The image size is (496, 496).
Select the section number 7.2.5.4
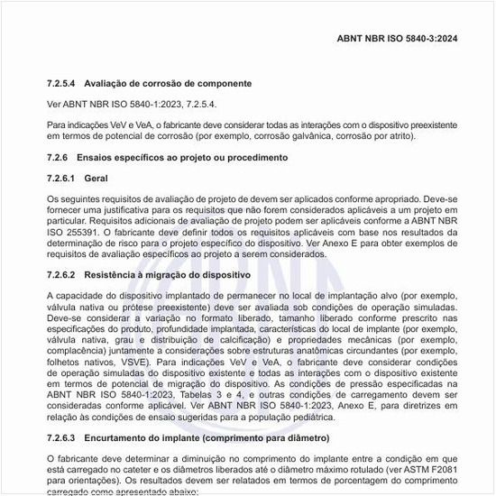click(x=63, y=83)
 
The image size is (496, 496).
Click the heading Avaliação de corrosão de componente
click(x=168, y=83)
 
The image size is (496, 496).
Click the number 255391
click(x=80, y=231)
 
